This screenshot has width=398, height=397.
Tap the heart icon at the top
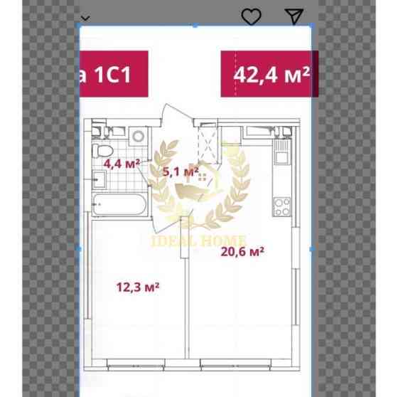[251, 17]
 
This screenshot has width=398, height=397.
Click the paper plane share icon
[294, 16]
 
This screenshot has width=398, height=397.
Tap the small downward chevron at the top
[85, 18]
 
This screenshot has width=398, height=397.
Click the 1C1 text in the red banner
[113, 75]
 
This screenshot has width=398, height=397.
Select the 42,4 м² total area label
[271, 75]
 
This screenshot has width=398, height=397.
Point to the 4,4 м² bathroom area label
[122, 164]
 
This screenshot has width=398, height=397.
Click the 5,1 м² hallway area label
[181, 171]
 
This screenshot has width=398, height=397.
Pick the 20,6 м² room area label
[242, 252]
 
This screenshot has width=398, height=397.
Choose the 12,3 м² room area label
[138, 287]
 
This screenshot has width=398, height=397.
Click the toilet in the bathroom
[102, 151]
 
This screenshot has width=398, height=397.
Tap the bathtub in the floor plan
[119, 205]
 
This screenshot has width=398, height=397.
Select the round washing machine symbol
[139, 136]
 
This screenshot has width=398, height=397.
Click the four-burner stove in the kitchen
[282, 207]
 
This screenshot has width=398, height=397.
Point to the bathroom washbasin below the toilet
[99, 179]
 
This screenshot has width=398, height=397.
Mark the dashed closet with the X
[208, 145]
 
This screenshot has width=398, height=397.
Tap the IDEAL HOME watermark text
[199, 240]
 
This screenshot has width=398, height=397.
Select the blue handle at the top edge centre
[195, 26]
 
